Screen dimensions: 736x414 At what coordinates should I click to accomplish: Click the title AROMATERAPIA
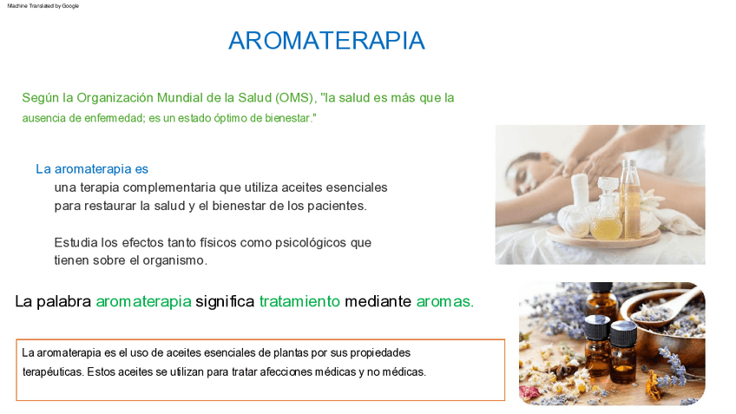[326, 41]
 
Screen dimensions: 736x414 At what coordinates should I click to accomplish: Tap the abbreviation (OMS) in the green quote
[295, 97]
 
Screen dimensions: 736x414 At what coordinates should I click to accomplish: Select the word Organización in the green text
[115, 98]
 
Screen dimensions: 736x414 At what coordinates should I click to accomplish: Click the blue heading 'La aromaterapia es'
[92, 169]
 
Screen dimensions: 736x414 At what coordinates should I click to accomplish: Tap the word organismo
[175, 260]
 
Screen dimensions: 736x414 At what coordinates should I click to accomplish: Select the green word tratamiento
[299, 301]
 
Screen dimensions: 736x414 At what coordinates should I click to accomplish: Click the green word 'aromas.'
[445, 302]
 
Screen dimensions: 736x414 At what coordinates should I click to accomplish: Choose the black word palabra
[64, 301]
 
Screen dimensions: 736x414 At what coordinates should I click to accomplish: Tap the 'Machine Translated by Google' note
[43, 6]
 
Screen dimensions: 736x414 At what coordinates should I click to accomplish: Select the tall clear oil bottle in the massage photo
[630, 199]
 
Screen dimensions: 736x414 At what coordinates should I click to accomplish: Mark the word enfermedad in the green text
[114, 118]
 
